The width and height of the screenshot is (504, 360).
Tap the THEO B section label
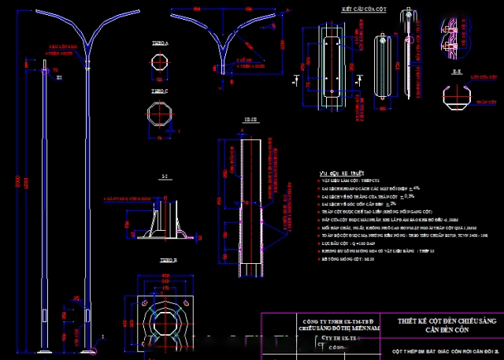169,259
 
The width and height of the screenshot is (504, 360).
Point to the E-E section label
458,71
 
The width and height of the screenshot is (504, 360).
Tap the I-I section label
163,176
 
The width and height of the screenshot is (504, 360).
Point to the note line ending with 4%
371,188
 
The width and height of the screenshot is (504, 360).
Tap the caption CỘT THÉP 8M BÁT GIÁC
445,351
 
